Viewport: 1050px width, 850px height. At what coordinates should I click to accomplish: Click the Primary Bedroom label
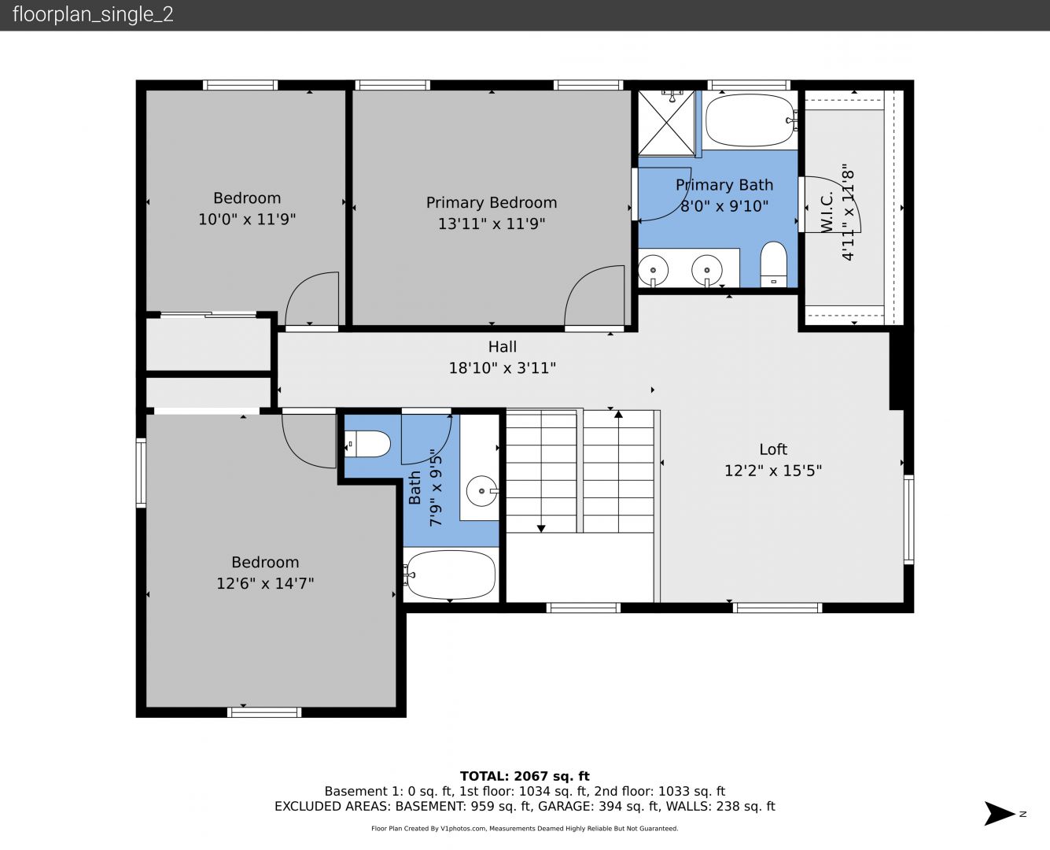492,203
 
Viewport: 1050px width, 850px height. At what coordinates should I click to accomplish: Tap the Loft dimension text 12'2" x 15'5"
773,471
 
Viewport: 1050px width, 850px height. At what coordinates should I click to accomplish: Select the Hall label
503,347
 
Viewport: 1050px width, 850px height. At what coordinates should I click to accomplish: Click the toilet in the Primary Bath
773,264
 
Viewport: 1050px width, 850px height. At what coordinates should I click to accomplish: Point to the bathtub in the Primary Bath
750,120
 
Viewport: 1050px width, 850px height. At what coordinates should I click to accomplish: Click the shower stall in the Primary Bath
666,122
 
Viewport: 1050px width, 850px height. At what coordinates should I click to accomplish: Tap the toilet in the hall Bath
367,444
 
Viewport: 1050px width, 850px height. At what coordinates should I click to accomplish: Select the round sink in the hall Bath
481,491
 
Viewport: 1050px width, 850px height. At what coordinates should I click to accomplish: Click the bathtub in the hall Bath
451,575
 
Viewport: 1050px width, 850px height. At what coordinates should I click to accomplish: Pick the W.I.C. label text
827,213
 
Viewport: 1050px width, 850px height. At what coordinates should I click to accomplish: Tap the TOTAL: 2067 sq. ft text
525,776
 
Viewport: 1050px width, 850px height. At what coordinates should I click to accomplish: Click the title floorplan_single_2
93,15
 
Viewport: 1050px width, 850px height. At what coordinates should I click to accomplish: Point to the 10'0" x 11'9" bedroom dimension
247,219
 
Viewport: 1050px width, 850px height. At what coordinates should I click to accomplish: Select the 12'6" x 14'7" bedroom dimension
265,584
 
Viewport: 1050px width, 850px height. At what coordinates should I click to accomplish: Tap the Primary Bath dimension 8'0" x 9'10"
724,205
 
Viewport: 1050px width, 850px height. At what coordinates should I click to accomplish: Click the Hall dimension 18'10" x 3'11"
503,368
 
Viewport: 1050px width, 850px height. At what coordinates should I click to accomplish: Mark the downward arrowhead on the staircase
541,529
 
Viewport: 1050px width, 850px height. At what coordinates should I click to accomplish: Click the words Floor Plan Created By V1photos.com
429,828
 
